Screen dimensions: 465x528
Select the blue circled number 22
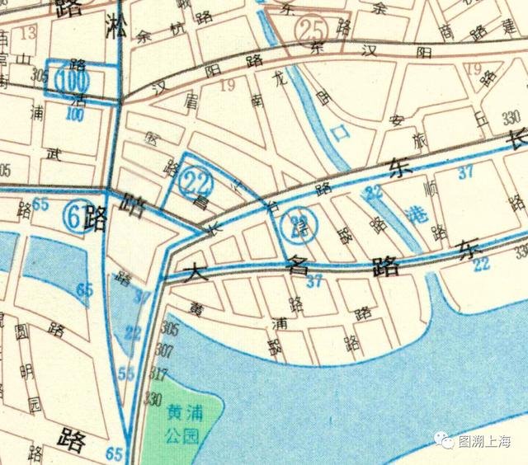(196, 177)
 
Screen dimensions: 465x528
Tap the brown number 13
(30, 34)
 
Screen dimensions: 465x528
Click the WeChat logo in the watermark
(445, 443)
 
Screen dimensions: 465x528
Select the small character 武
(55, 153)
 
